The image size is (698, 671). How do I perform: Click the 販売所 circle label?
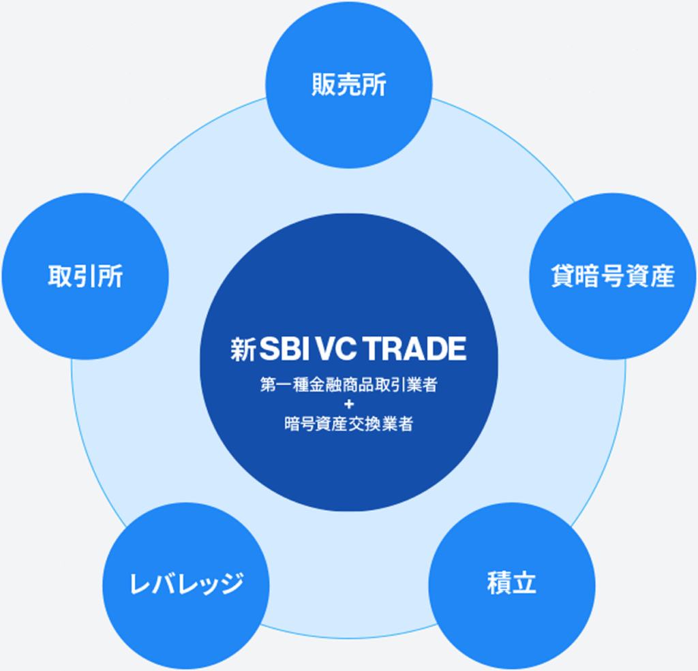tap(348, 87)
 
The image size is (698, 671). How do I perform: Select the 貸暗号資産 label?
tap(612, 277)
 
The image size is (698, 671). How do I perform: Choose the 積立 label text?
tap(511, 584)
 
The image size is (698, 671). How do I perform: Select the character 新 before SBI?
tap(243, 350)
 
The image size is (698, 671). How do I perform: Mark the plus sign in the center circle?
tap(348, 404)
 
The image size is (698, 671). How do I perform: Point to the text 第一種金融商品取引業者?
tap(348, 385)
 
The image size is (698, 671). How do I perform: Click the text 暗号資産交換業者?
tap(348, 424)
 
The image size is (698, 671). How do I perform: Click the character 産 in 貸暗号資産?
tap(661, 277)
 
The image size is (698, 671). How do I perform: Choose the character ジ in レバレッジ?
tap(231, 584)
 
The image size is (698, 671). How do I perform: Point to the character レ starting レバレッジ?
tap(140, 584)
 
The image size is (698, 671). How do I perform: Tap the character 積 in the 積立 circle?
tap(499, 584)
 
